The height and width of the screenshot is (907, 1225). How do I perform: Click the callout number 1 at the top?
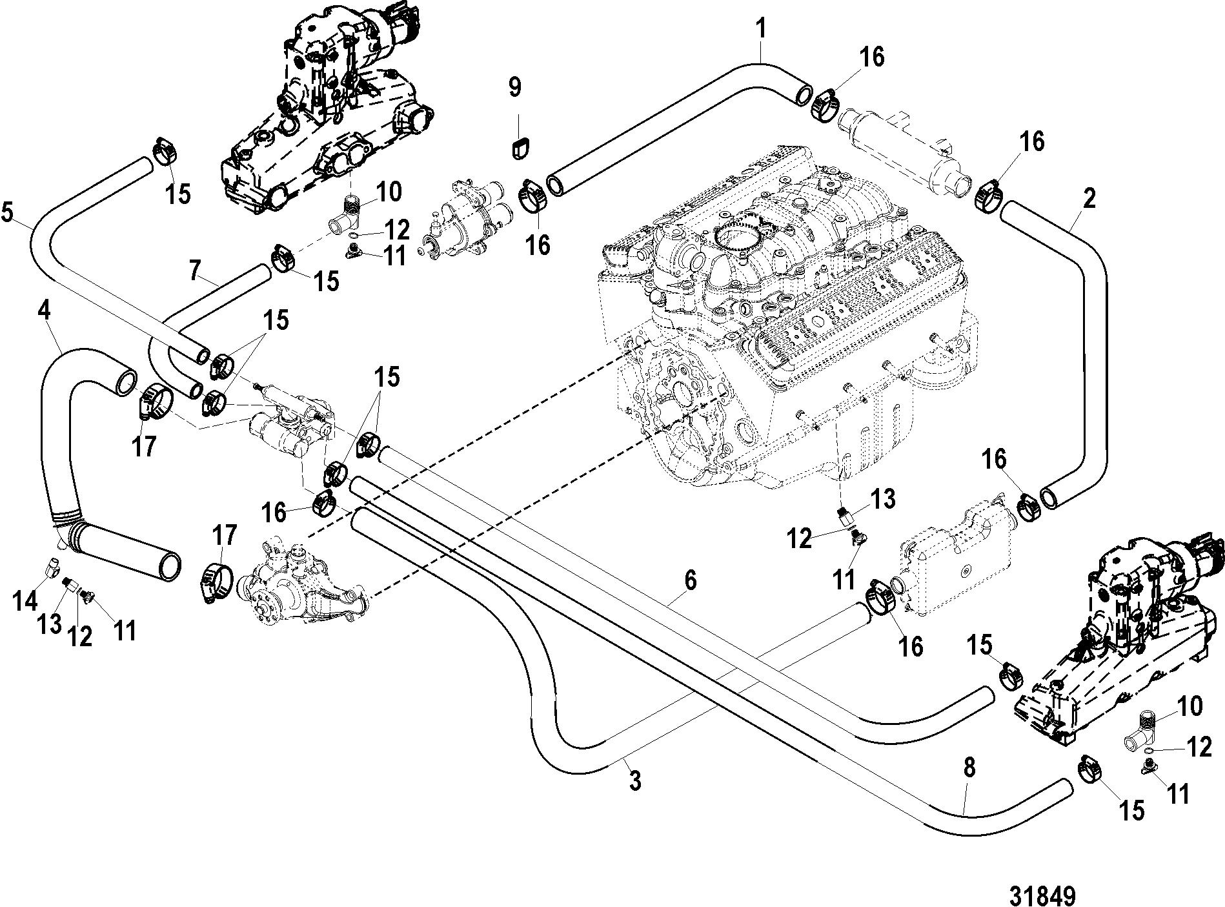point(762,30)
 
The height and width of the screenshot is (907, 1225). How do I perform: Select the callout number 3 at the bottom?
point(635,781)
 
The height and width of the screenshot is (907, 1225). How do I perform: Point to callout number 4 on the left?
point(43,312)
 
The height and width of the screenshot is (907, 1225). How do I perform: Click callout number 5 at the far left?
point(8,214)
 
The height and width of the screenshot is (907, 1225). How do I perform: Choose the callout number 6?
point(691,581)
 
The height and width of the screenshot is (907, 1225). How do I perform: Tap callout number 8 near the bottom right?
point(969,768)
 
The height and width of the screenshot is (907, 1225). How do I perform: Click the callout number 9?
point(514,87)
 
